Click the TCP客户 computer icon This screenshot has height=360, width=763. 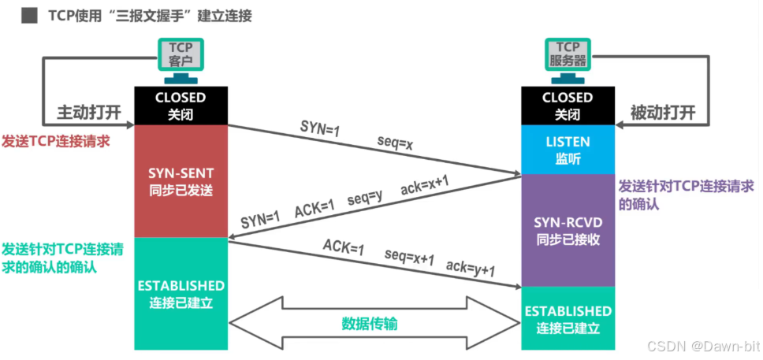pyautogui.click(x=181, y=61)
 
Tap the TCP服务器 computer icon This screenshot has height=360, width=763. pyautogui.click(x=568, y=61)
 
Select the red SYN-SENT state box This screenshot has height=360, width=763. pyautogui.click(x=181, y=181)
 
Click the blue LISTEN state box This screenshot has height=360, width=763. pyautogui.click(x=568, y=150)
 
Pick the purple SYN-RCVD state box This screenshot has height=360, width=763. pyautogui.click(x=568, y=230)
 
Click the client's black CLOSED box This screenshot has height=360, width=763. pyautogui.click(x=181, y=106)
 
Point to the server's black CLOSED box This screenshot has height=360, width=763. pyautogui.click(x=568, y=106)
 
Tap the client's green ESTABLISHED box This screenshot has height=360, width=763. pyautogui.click(x=181, y=293)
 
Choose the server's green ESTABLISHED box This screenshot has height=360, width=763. pyautogui.click(x=568, y=318)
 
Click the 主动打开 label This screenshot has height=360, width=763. pyautogui.click(x=89, y=113)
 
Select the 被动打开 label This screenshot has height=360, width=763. pyautogui.click(x=663, y=113)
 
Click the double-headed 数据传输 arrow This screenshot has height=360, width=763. pyautogui.click(x=374, y=322)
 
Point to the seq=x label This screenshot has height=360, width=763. pyautogui.click(x=395, y=144)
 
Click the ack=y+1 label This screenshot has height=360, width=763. pyautogui.click(x=471, y=269)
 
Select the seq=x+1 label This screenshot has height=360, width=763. pyautogui.click(x=409, y=258)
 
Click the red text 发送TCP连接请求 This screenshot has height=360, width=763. pyautogui.click(x=56, y=141)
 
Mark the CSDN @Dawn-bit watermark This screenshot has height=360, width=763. pyautogui.click(x=703, y=346)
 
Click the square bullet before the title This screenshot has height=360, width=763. pyautogui.click(x=28, y=17)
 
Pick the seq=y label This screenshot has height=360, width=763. pyautogui.click(x=363, y=198)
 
